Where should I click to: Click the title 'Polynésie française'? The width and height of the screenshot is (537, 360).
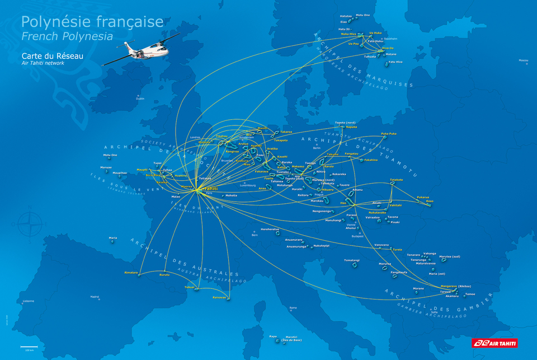[92, 22]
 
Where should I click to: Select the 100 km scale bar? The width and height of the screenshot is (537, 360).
[29, 348]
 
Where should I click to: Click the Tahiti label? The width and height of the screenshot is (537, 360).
[211, 189]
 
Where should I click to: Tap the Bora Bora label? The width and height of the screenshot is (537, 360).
[153, 175]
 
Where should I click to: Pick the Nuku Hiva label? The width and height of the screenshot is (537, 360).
[348, 34]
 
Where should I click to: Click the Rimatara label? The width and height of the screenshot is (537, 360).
[131, 272]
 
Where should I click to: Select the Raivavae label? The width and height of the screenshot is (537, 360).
[219, 297]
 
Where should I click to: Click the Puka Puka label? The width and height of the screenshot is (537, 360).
[389, 134]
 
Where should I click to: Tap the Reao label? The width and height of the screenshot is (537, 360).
[430, 201]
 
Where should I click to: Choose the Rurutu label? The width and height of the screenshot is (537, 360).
[164, 275]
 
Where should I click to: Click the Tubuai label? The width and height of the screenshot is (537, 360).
[190, 287]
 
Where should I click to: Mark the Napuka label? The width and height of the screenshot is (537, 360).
[351, 127]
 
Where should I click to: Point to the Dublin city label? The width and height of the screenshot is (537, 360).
[140, 98]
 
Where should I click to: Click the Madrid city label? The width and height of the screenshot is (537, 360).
[95, 297]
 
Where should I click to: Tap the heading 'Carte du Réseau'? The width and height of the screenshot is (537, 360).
[48, 56]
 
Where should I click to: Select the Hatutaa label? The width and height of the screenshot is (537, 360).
[346, 16]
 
